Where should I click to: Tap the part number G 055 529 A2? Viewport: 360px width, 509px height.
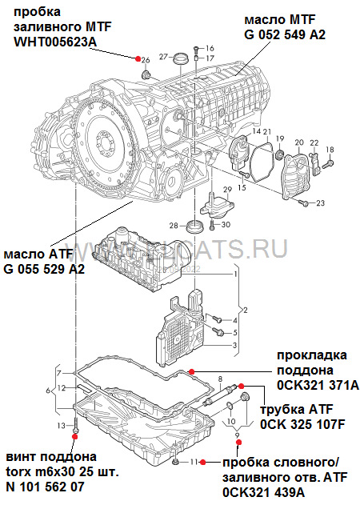coord(44,269)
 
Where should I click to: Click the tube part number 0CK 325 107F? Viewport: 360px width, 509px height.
coord(302,424)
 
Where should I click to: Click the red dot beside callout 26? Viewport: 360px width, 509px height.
coord(137,59)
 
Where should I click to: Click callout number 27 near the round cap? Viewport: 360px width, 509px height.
coord(162,57)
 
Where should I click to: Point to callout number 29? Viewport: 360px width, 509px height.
coord(226,190)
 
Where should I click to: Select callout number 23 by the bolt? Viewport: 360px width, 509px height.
coord(321,204)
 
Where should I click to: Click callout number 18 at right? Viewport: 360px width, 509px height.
coord(329,150)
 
